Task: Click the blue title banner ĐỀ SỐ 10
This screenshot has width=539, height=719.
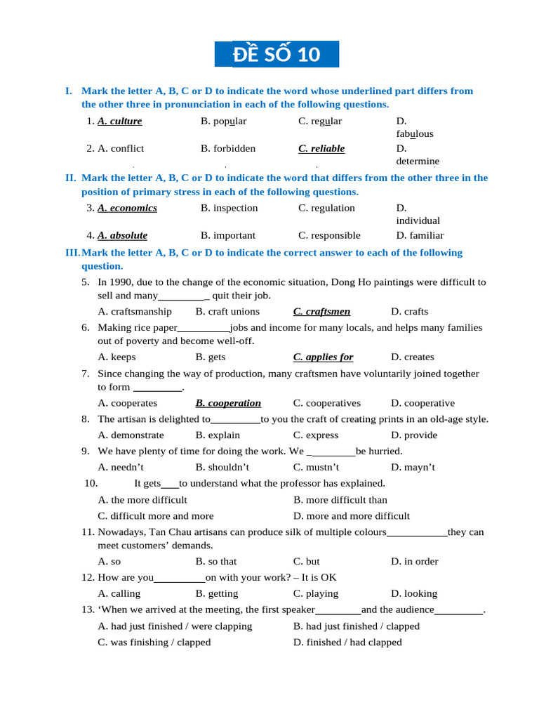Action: coord(286,54)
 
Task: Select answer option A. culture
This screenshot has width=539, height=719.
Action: coord(120,121)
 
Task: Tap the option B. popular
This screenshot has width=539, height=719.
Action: coord(223,121)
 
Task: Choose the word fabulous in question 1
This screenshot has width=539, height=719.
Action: coord(415,133)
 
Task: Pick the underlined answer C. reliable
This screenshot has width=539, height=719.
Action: coord(321,148)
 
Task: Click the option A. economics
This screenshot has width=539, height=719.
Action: coord(127,208)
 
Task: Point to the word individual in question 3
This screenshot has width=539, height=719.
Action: coord(418,220)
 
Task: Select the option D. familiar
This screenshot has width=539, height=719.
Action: coord(420,235)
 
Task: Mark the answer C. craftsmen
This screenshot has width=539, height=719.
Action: coord(321,311)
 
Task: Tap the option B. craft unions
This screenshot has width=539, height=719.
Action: coord(227,311)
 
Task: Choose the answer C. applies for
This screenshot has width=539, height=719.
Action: coord(323,357)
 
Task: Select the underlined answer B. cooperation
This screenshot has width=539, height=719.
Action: coord(228,403)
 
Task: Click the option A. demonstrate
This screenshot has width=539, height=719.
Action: coord(131,435)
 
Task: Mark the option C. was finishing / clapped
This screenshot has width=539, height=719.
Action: coord(154,642)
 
